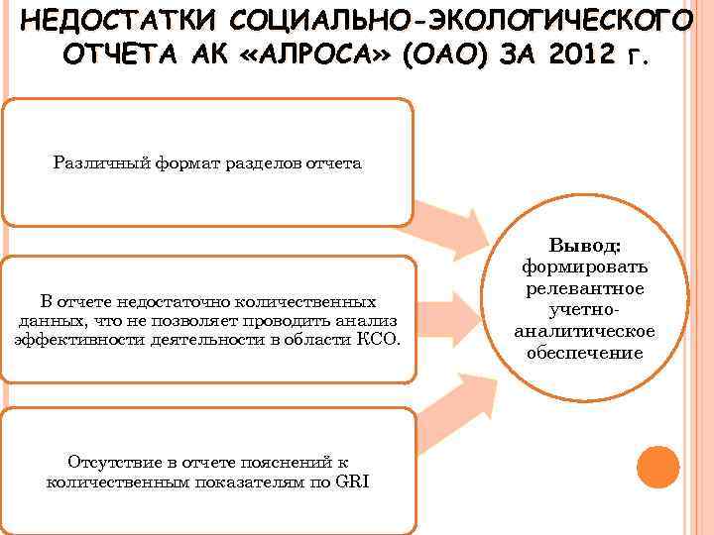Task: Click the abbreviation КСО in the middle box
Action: pos(380,339)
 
